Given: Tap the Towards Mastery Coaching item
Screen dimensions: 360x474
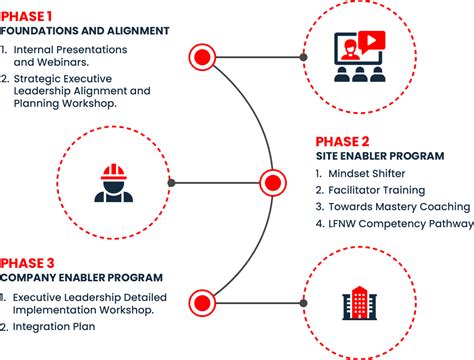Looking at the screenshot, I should [391, 207].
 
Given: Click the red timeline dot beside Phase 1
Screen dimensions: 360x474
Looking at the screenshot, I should [205, 54].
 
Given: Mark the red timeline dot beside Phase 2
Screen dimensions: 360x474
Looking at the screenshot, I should [272, 183].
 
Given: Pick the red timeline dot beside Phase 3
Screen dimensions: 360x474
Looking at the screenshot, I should [205, 300].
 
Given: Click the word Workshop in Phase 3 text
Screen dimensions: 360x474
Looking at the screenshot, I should [127, 309].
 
